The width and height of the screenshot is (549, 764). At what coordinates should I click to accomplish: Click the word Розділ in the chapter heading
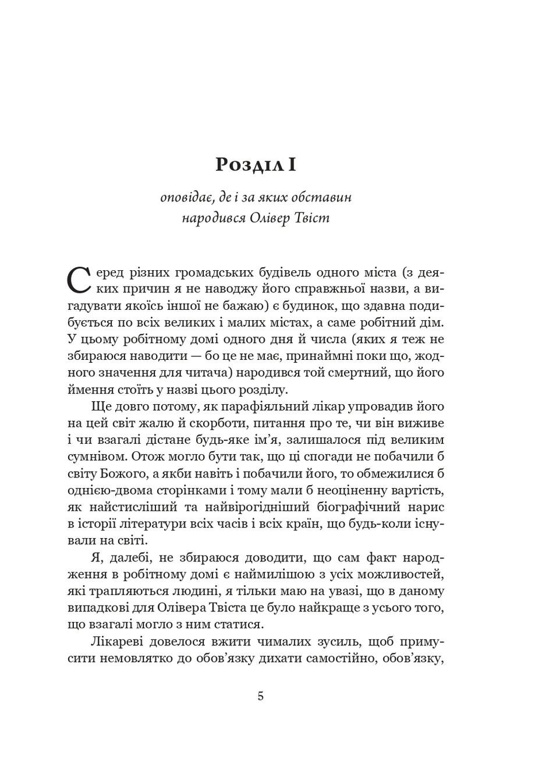[247, 165]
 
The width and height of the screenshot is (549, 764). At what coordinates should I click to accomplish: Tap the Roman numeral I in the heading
[292, 165]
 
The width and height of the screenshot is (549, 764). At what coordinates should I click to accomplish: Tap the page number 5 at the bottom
[260, 696]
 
